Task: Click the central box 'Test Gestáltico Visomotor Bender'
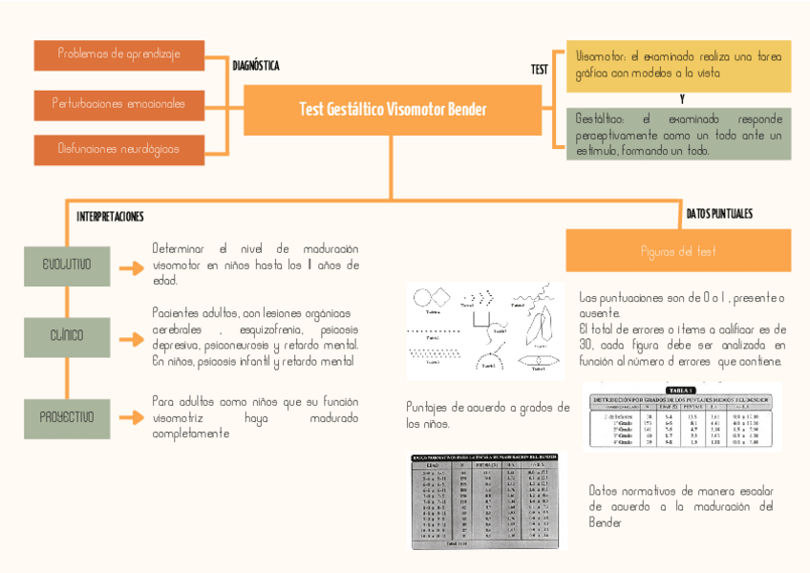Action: click(x=393, y=110)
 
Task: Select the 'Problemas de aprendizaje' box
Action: click(x=119, y=54)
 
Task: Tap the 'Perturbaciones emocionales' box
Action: click(x=119, y=103)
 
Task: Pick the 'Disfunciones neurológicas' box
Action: click(x=119, y=150)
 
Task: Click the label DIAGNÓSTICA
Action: click(x=256, y=66)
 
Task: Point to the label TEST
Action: click(x=540, y=70)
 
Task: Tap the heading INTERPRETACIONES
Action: click(x=110, y=217)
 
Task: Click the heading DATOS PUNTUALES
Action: click(x=719, y=213)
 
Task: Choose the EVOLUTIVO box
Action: click(x=66, y=265)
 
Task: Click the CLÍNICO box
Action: click(x=66, y=336)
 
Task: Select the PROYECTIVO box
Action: click(x=66, y=418)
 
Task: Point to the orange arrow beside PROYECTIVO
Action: click(x=131, y=418)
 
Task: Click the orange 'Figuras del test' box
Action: click(x=678, y=251)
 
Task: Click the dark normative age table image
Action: click(x=487, y=501)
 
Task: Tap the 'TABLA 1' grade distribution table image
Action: click(x=682, y=417)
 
